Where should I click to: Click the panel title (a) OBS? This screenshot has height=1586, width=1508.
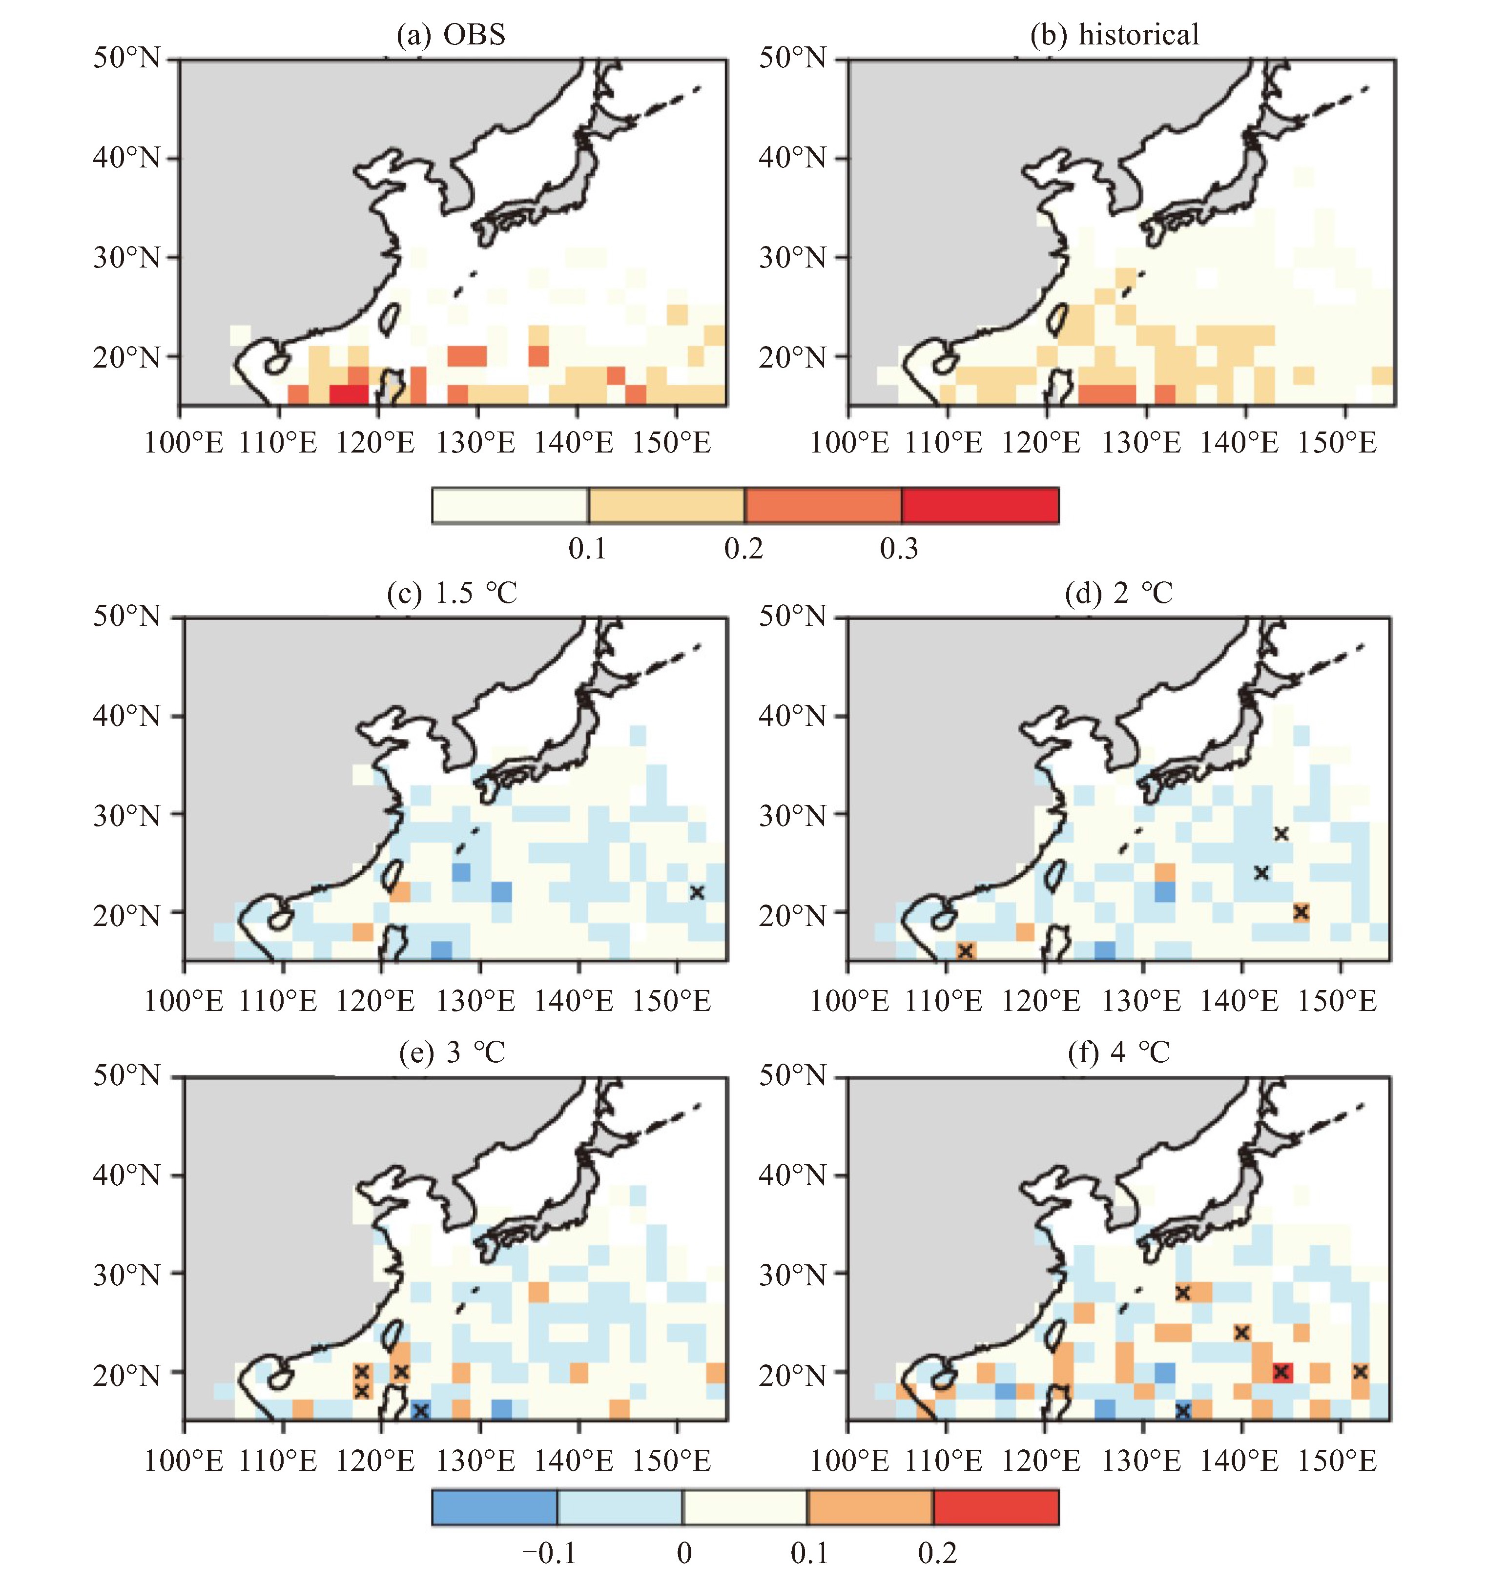pos(451,35)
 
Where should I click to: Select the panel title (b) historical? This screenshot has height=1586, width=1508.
pos(1115,35)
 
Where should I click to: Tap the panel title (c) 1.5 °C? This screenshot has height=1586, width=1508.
pos(452,593)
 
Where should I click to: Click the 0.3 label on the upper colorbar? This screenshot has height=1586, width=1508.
pos(899,548)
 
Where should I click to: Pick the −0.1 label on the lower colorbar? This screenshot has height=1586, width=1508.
pos(550,1552)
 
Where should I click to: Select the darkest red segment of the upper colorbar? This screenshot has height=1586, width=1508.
pos(980,506)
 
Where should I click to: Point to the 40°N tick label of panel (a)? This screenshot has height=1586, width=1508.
pos(127,158)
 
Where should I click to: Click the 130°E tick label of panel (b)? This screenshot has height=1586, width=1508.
pos(1141,442)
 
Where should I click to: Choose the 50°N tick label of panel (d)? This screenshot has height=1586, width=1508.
pos(793,617)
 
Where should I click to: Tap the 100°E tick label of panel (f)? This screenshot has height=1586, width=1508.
pos(849,1460)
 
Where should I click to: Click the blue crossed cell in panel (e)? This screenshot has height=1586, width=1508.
pos(420,1409)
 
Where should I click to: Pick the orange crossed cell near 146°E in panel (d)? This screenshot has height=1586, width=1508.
pos(1301,911)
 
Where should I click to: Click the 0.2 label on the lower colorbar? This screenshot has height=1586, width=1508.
pos(937,1552)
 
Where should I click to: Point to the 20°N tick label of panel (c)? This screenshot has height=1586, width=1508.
pos(127,915)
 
